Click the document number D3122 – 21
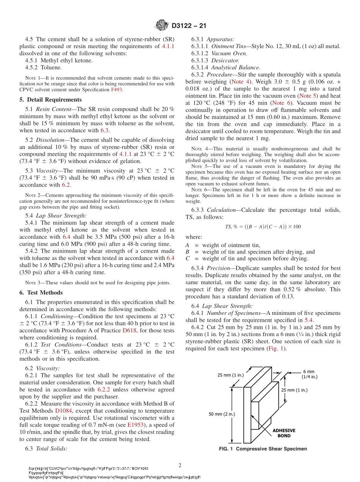pos(188,26)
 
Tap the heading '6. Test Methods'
pos(41,293)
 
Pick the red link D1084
pos(64,411)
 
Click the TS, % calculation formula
pos(263,227)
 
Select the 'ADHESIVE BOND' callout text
pos(284,433)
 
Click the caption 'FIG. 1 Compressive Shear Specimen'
pos(263,449)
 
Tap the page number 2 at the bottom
pos(180,465)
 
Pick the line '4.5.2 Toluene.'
pos(43,68)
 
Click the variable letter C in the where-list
pos(187,258)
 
